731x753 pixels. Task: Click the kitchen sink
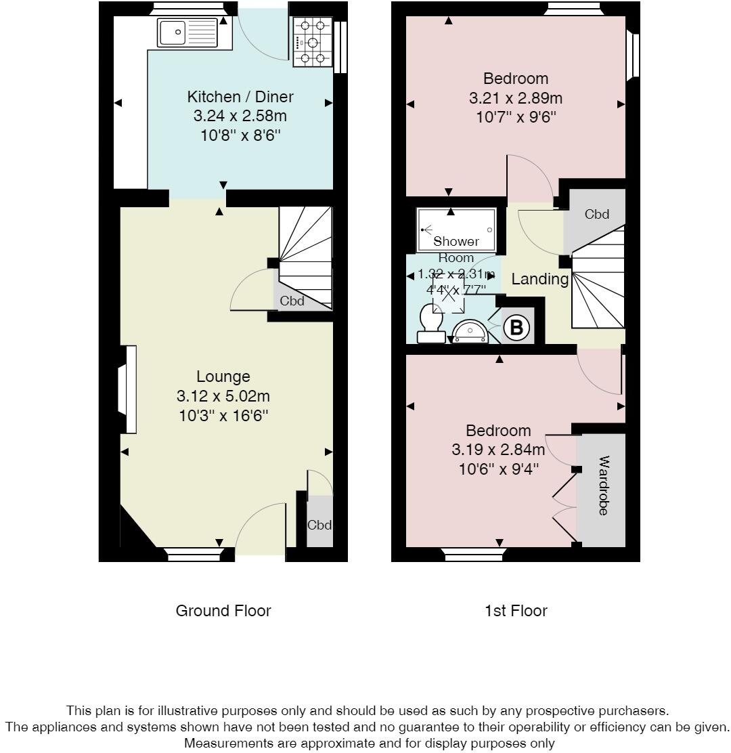187,33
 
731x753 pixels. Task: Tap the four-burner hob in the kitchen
313,42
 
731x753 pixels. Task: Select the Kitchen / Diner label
240,97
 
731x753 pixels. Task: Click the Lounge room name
223,376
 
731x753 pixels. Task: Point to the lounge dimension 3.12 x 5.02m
223,396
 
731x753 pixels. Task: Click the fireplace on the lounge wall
128,389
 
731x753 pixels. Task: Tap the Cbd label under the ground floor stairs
292,301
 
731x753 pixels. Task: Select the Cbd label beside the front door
319,525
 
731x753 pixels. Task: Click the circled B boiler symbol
516,328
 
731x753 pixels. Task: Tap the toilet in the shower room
432,324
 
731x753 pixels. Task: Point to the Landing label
540,279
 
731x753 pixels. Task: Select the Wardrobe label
603,486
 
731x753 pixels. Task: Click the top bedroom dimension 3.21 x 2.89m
516,98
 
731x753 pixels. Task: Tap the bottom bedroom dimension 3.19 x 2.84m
498,450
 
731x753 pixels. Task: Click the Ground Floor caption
223,611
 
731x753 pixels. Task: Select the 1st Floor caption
516,611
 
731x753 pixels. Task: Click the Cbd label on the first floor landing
596,214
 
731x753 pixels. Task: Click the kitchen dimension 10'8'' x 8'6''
240,136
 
